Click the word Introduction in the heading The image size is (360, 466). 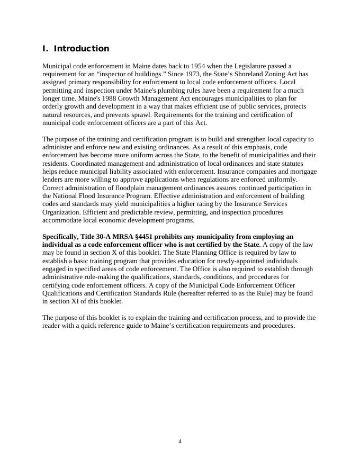click(82, 49)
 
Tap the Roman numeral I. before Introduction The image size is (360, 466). click(45, 49)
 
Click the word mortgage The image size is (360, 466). click(302, 172)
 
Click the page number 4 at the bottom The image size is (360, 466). click(180, 442)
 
